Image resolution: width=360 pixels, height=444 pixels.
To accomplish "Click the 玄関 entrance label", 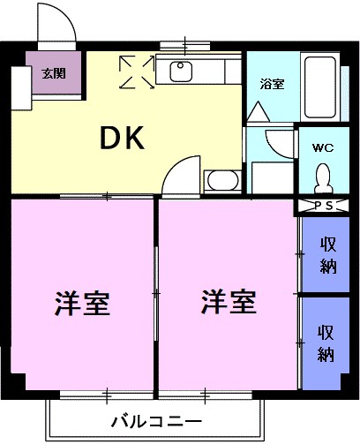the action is pyautogui.click(x=54, y=73).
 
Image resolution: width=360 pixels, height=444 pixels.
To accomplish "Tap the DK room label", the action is pyautogui.click(x=123, y=138).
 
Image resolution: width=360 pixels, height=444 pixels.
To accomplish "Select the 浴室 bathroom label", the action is pyautogui.click(x=272, y=85).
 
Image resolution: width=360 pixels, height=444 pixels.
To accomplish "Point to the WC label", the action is pyautogui.click(x=323, y=147).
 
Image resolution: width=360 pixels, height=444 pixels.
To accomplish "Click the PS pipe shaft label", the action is pyautogui.click(x=324, y=206).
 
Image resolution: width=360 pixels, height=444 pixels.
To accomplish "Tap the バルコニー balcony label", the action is pyautogui.click(x=156, y=421).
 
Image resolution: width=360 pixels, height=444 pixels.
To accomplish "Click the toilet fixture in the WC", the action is pyautogui.click(x=324, y=178).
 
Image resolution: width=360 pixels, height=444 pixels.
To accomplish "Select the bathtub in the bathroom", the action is pyautogui.click(x=320, y=87).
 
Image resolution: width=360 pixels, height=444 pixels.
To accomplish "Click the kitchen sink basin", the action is pyautogui.click(x=181, y=71).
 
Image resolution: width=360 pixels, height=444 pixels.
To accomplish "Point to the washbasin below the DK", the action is pyautogui.click(x=222, y=180).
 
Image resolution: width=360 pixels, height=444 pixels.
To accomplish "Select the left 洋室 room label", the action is pyautogui.click(x=82, y=303).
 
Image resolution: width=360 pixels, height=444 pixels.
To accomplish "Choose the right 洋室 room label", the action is pyautogui.click(x=229, y=302).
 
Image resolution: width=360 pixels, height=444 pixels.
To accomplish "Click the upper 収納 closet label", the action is pyautogui.click(x=328, y=255).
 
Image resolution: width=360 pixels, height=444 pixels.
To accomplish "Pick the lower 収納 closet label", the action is pyautogui.click(x=326, y=342).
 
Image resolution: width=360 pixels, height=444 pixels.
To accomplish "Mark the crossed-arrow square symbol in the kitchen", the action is pyautogui.click(x=137, y=72).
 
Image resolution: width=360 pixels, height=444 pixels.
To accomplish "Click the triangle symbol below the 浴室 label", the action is pyautogui.click(x=259, y=111).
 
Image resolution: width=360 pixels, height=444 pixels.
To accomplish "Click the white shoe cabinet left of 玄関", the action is pyautogui.click(x=21, y=88).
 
